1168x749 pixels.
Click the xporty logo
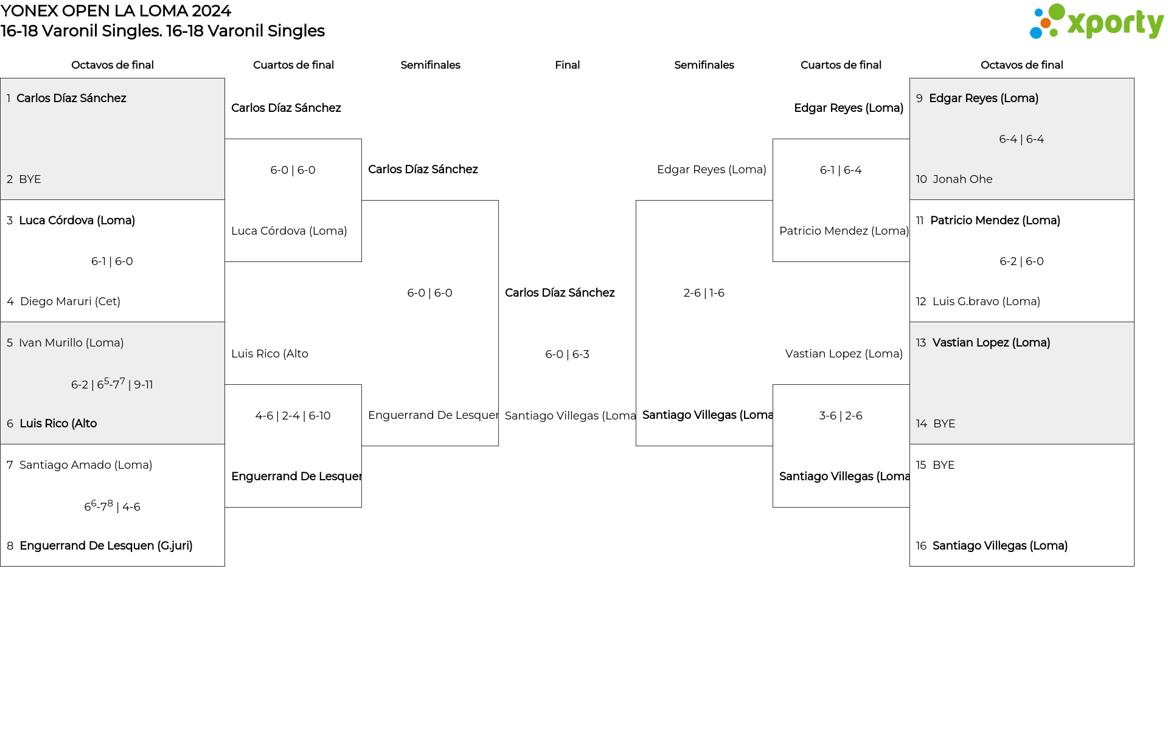coord(1096,22)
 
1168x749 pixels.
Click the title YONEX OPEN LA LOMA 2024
coord(116,11)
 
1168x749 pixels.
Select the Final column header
coord(567,65)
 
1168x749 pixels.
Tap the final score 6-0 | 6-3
coord(567,354)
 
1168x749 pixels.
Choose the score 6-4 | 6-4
coord(1021,139)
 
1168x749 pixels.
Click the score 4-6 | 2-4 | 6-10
coord(293,416)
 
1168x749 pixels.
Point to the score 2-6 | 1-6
coord(704,293)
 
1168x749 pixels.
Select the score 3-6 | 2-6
coord(841,416)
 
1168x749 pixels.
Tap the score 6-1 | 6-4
coord(841,170)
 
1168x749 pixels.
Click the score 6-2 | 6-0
coord(1021,261)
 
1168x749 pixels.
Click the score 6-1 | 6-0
coord(112,261)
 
